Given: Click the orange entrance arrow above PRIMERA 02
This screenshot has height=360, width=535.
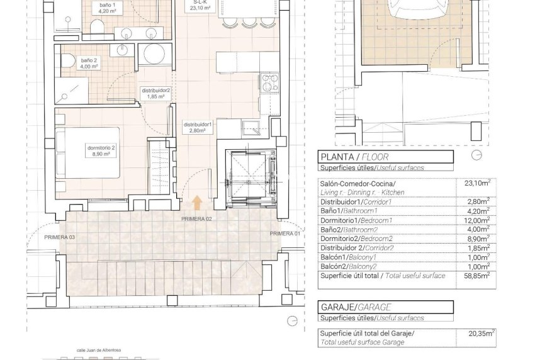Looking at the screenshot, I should coord(197,203).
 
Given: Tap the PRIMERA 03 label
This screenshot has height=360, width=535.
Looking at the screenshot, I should coord(60,237).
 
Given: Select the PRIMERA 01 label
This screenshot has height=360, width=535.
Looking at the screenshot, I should coord(284,233).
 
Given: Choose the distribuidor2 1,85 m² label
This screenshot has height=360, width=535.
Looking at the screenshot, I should coord(156,94).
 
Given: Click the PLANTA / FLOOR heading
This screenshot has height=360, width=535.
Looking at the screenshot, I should coord(354,157).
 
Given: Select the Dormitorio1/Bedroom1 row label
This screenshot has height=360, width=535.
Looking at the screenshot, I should coord(356,220).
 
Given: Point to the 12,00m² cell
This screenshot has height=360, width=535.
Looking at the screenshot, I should coord(477,221).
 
